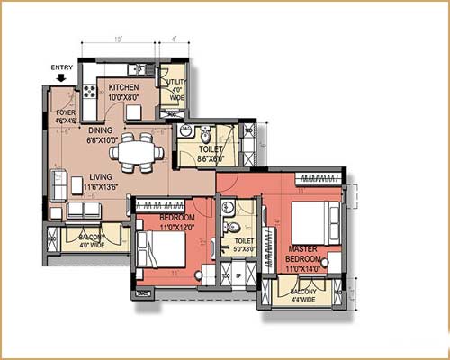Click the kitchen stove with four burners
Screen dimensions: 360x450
(x=90, y=90)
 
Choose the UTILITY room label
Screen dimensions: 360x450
(x=175, y=87)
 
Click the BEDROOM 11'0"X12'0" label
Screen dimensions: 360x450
(x=176, y=223)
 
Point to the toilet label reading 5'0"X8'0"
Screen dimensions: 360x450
(x=243, y=246)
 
